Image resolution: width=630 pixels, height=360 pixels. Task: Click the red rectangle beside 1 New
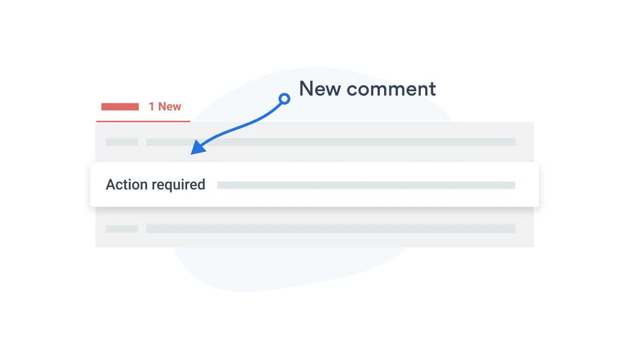(120, 107)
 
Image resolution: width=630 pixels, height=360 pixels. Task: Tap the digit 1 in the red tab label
(151, 107)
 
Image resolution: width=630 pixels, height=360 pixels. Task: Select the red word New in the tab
(170, 107)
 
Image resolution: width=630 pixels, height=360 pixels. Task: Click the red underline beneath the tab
(143, 121)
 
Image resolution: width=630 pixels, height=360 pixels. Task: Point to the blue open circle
(284, 99)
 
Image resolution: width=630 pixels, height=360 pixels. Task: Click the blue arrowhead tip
(191, 155)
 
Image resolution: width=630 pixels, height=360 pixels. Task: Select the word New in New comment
(320, 89)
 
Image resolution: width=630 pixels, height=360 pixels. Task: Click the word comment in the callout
(391, 89)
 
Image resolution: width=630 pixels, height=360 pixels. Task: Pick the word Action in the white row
(127, 185)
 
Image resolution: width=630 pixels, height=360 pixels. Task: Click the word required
(179, 185)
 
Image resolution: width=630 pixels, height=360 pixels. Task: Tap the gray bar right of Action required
(366, 185)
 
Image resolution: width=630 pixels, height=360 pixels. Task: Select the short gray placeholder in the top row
(122, 142)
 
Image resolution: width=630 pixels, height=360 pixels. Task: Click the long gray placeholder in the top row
(331, 142)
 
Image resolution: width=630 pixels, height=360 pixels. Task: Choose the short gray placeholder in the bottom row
(122, 229)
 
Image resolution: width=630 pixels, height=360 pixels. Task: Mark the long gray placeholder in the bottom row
(331, 229)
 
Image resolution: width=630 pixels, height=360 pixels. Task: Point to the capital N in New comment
(306, 89)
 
